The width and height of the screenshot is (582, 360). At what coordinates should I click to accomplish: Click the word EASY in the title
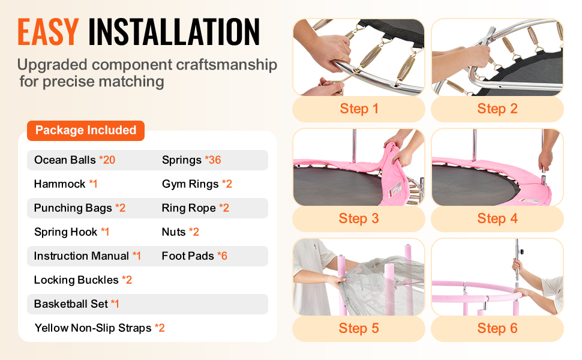(48, 32)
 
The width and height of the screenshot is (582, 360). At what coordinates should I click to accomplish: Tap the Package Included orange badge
(86, 130)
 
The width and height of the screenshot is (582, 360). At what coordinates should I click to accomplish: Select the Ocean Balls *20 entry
(74, 160)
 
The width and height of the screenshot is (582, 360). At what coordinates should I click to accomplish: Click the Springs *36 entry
(191, 160)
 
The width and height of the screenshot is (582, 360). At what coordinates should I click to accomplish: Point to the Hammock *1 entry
(65, 184)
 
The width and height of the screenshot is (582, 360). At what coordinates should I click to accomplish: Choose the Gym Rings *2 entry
(197, 184)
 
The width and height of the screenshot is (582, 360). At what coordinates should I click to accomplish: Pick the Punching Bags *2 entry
(80, 208)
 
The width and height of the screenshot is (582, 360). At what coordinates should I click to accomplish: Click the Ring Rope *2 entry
(196, 208)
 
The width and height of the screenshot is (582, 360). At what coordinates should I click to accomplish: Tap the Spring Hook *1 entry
(71, 232)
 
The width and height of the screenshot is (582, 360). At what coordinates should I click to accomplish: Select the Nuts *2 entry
(181, 232)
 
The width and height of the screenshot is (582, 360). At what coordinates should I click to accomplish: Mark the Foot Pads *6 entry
(194, 256)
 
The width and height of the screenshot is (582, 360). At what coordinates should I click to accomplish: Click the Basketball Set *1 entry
(77, 304)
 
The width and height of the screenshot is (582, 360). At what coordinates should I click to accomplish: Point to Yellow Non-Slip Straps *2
(100, 328)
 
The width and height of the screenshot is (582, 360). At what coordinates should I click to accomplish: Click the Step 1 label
(359, 109)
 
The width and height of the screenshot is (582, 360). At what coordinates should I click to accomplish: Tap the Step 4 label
(497, 218)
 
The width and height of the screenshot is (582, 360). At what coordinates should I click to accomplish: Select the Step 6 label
(497, 328)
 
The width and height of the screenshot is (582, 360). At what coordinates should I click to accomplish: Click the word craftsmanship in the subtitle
(226, 65)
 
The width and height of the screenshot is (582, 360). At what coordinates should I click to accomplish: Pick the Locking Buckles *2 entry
(83, 280)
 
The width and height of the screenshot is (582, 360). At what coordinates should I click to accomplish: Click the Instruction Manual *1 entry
(88, 256)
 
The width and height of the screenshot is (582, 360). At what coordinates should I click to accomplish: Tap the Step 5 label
(359, 328)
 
